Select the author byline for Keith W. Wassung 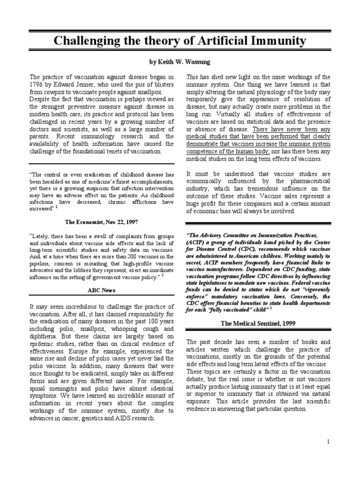[x=180, y=62]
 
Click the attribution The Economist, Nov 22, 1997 [x=102, y=220]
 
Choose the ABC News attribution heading [x=102, y=291]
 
